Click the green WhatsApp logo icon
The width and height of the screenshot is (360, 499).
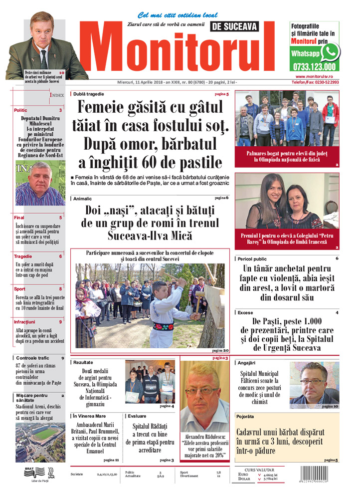tap(330, 51)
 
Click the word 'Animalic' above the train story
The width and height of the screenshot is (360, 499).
tap(83, 199)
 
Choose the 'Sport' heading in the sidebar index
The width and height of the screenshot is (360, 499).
tap(20, 289)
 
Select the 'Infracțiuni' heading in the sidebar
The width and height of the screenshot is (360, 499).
tap(25, 322)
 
